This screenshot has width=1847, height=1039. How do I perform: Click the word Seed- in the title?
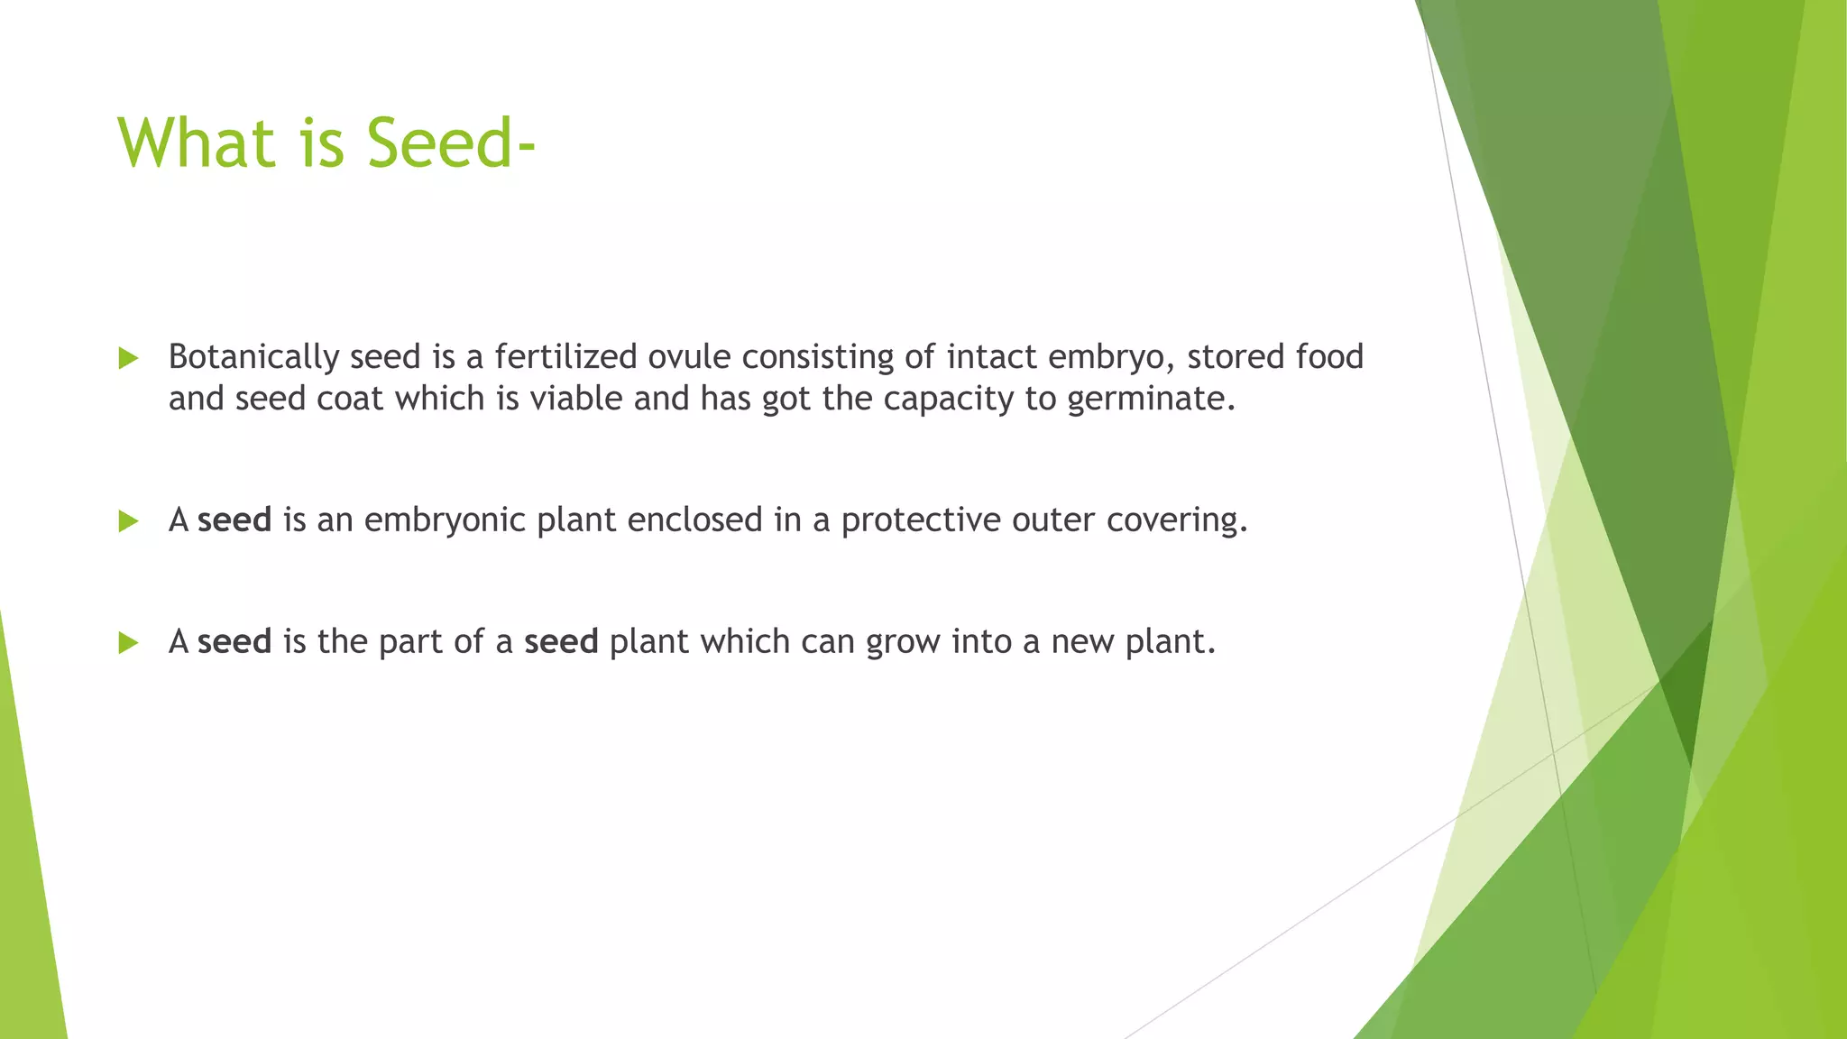click(x=451, y=144)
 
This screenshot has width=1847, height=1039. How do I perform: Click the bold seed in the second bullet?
click(x=234, y=520)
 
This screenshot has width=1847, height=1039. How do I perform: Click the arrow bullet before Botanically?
click(x=128, y=359)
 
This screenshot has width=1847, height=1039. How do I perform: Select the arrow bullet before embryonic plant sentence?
click(x=128, y=521)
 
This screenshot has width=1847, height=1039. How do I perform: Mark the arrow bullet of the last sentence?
click(x=128, y=643)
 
